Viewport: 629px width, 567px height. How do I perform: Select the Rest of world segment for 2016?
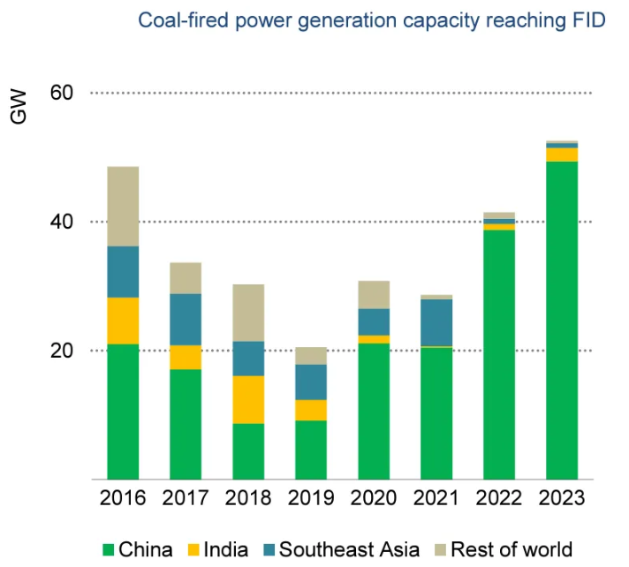coord(123,206)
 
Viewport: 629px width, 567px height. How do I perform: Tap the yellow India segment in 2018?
coord(248,399)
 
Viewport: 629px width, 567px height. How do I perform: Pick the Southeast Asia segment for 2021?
coord(436,322)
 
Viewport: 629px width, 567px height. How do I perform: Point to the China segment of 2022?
coord(499,354)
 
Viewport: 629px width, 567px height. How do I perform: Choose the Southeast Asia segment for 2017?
coord(186,319)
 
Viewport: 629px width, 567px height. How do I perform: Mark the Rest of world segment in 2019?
coord(311,355)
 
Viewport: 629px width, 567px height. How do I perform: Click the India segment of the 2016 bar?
coord(123,321)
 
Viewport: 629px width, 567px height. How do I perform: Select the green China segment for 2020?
coord(374,411)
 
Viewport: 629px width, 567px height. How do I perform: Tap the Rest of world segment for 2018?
coord(248,313)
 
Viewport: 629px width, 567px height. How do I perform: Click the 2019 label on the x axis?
coord(311,499)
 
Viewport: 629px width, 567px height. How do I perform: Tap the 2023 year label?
coord(561,499)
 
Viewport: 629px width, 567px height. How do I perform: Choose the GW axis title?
coord(19,106)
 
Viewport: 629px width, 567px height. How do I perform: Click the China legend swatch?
coord(109,549)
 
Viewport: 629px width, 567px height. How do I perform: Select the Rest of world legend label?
coord(512,549)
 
